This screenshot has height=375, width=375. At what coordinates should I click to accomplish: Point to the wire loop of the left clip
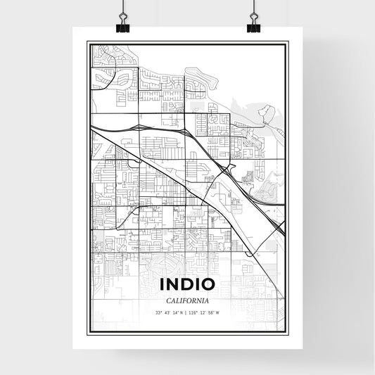122,12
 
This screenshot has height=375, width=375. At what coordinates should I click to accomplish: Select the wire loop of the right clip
253,12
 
